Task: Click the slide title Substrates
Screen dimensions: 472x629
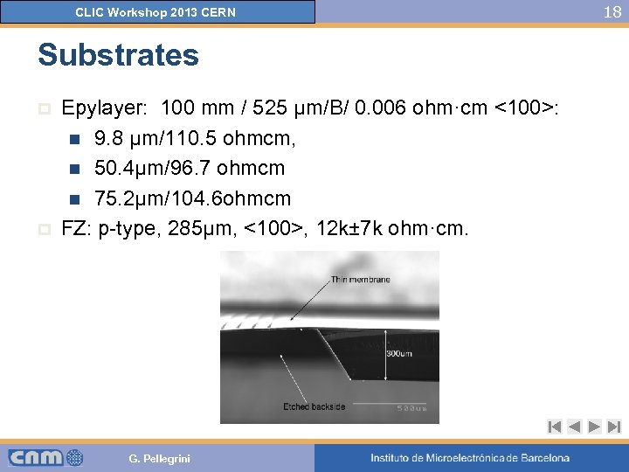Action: tap(118, 55)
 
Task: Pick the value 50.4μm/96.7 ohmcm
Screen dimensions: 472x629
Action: tap(190, 168)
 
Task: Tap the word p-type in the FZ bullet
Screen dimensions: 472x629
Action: tap(133, 228)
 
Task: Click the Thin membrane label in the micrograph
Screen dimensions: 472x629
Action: tap(360, 280)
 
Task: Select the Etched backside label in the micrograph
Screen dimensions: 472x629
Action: tap(314, 406)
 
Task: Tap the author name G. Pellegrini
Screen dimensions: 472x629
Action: tap(159, 459)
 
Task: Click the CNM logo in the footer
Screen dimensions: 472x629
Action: tap(45, 457)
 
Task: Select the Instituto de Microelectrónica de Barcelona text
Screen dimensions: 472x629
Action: tap(469, 458)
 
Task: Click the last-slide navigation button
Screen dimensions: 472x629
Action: tap(613, 427)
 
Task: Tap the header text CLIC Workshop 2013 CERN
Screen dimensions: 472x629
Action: tap(156, 12)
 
